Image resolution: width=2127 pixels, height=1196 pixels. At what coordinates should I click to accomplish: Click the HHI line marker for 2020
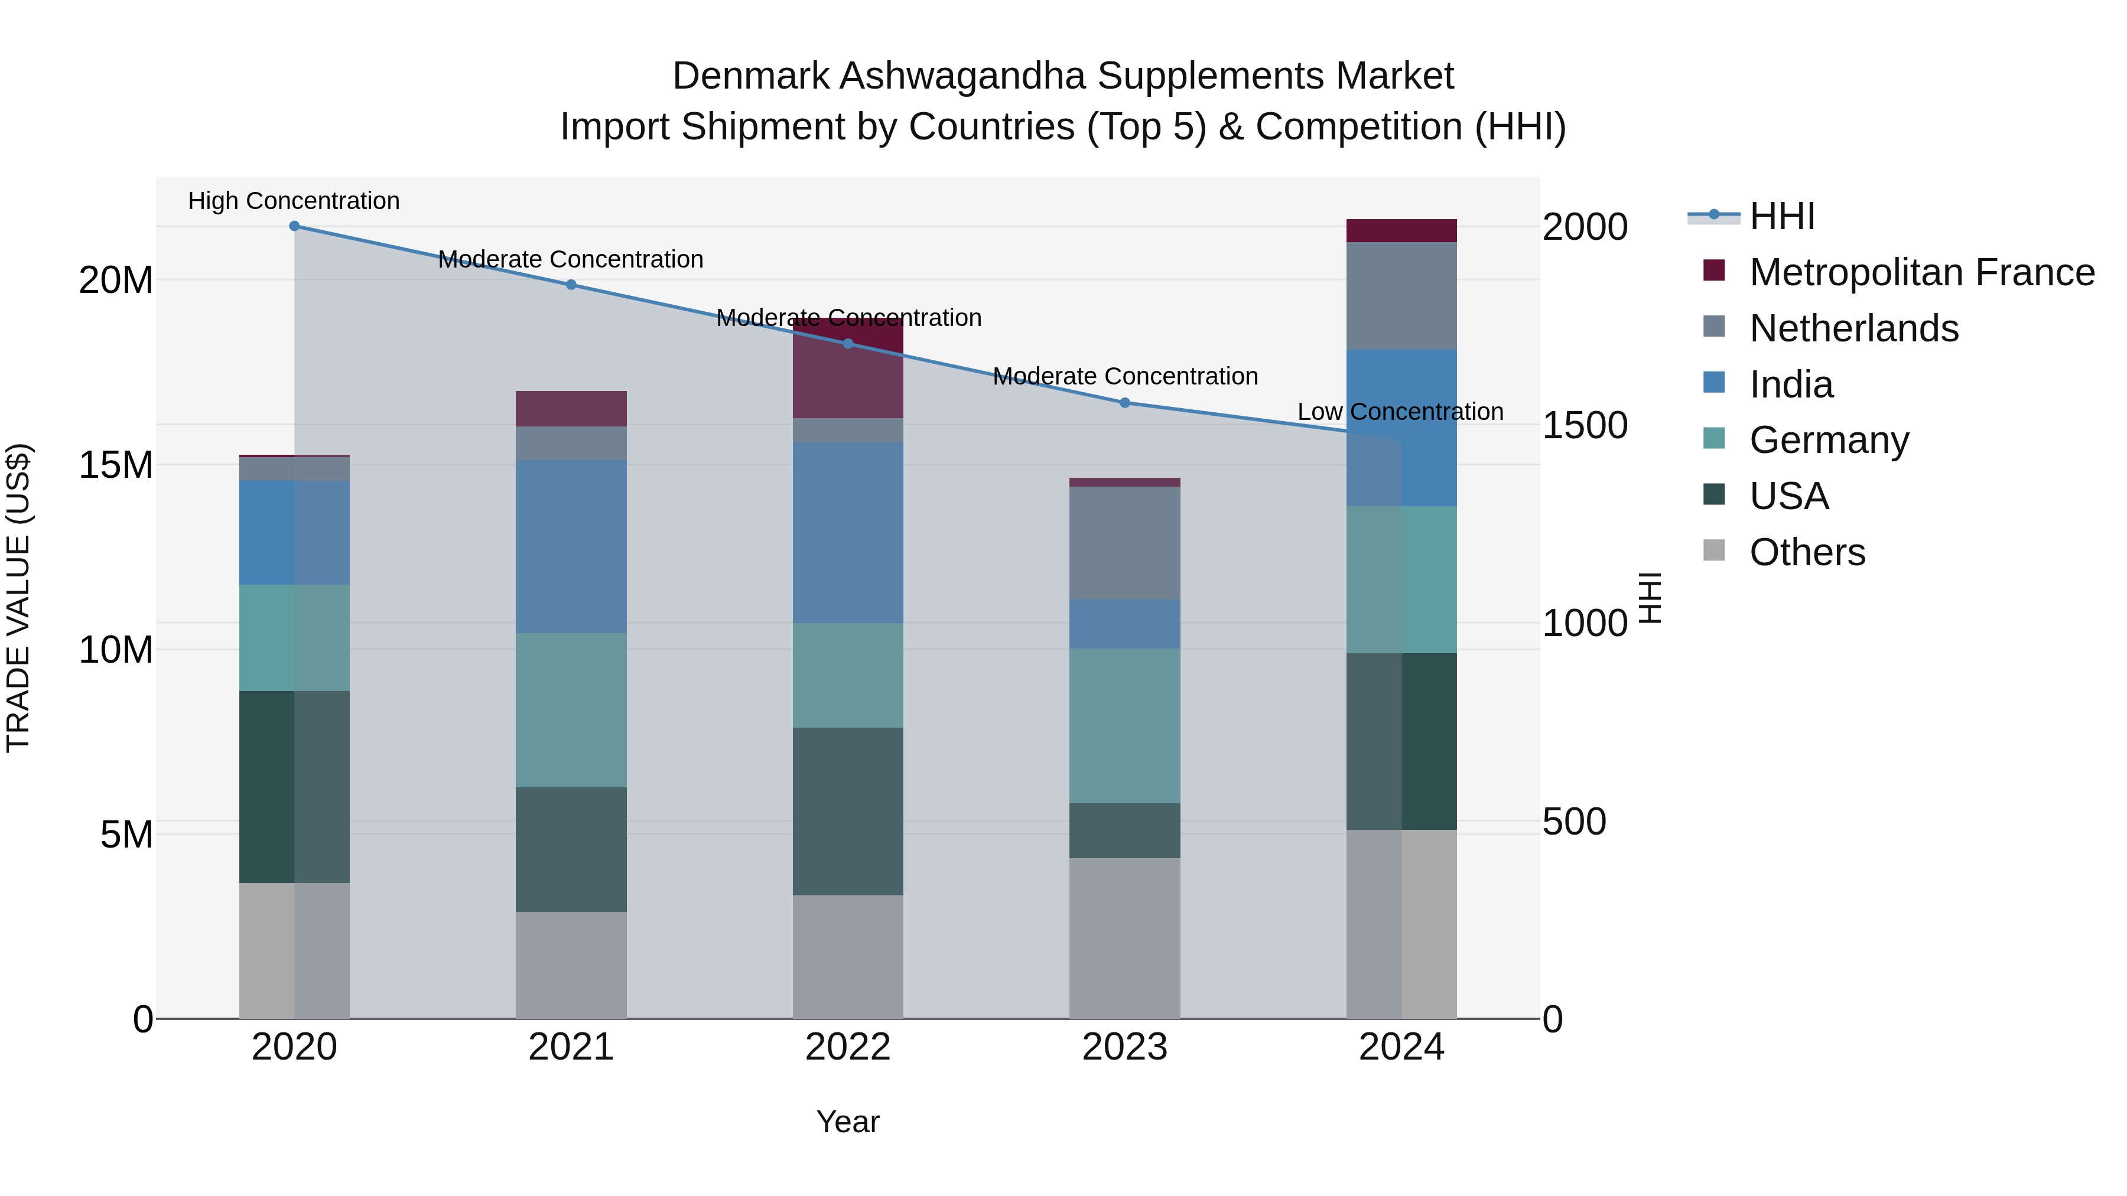click(294, 226)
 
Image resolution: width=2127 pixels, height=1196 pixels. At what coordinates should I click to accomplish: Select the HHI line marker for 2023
click(1124, 403)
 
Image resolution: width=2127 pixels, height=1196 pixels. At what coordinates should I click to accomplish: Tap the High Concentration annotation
click(294, 201)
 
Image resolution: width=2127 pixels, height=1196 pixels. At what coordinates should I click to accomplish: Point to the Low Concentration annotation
click(1400, 412)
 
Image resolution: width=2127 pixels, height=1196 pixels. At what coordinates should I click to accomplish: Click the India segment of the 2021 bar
click(571, 546)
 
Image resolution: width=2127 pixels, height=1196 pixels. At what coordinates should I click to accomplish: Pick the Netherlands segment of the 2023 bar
click(1124, 543)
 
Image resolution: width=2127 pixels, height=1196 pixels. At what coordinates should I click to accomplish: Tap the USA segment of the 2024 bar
click(1401, 741)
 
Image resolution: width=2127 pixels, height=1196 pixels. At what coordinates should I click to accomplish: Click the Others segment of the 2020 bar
click(294, 950)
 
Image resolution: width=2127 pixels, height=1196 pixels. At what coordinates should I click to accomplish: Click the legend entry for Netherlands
click(1853, 328)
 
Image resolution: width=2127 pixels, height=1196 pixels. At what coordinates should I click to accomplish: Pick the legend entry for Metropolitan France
click(1921, 272)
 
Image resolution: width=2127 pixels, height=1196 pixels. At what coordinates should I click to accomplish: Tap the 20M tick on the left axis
click(116, 281)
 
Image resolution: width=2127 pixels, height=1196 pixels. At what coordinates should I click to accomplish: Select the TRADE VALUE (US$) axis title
click(18, 598)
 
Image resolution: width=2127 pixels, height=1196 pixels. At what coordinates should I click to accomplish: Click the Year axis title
click(848, 1123)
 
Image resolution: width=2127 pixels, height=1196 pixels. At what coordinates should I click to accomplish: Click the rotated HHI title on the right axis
click(1649, 598)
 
